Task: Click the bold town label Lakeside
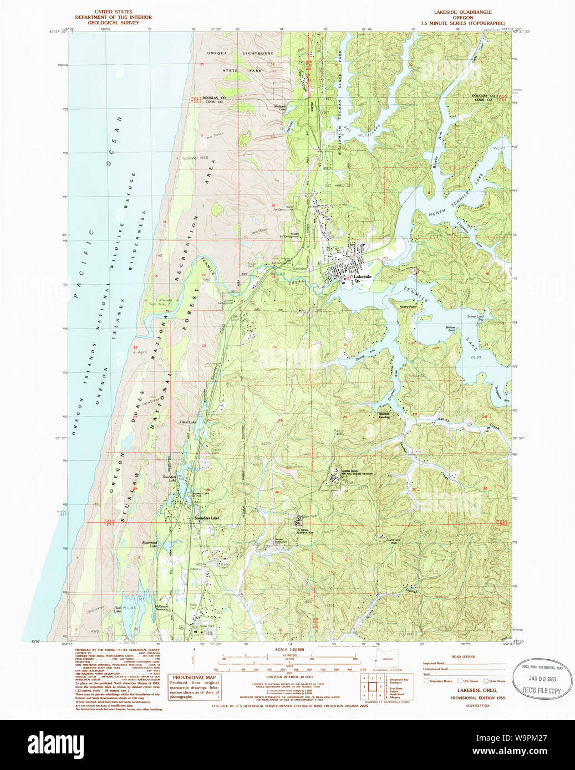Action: click(x=363, y=276)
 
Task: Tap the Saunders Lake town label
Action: click(x=207, y=518)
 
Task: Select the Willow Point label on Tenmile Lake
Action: click(x=451, y=328)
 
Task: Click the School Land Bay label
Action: click(x=475, y=318)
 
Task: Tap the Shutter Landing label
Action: click(x=384, y=415)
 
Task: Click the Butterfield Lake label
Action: click(x=150, y=543)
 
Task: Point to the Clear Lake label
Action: click(x=188, y=422)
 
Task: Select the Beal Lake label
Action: click(x=118, y=609)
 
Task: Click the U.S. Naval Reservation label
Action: click(x=304, y=531)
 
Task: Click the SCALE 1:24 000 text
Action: click(x=289, y=649)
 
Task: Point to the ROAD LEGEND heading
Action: click(x=463, y=656)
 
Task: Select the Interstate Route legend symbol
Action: click(x=428, y=681)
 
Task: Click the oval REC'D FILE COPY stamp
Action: click(x=542, y=679)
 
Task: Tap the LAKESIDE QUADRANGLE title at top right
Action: click(x=462, y=12)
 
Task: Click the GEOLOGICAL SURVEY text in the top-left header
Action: click(x=113, y=23)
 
